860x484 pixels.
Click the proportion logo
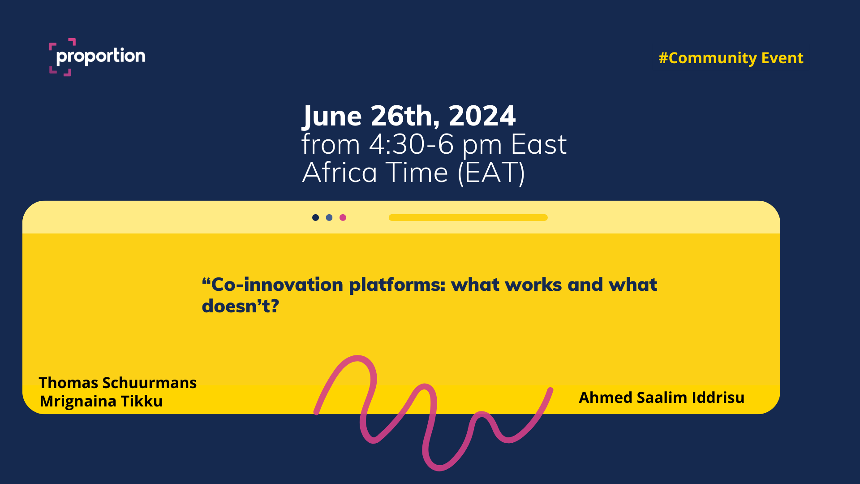tap(97, 57)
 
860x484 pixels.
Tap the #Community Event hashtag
tap(731, 58)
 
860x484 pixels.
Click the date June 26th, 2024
tap(409, 116)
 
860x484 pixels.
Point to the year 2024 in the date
tap(482, 116)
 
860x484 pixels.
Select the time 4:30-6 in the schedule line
tap(411, 145)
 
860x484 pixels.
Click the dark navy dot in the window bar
tap(315, 217)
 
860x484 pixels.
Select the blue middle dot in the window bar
tap(329, 217)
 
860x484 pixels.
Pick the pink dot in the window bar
tap(343, 217)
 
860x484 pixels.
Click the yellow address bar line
tap(468, 217)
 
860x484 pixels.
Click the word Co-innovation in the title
tap(272, 285)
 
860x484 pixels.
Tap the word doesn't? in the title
tap(241, 306)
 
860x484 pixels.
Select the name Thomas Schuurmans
tap(118, 383)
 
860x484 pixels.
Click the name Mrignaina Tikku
tap(101, 401)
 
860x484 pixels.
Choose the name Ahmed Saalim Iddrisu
tap(662, 398)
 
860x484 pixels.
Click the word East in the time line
tap(539, 145)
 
